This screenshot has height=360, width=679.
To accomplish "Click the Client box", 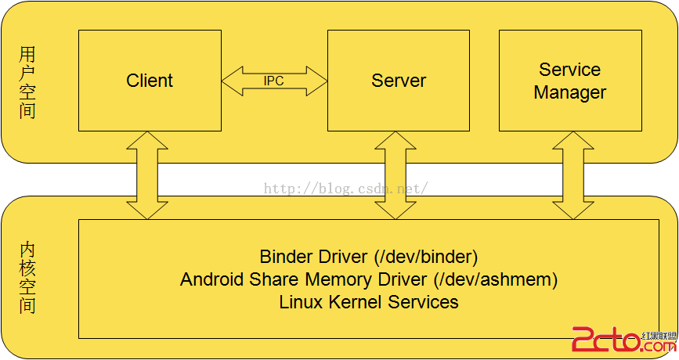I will click(150, 81).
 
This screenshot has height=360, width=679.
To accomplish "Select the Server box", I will click(399, 81).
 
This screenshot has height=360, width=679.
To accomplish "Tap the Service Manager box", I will click(569, 81).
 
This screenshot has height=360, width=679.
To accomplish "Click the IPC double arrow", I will click(274, 81).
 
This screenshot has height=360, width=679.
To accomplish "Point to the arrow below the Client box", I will click(147, 175).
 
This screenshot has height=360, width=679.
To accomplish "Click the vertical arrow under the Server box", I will click(396, 175).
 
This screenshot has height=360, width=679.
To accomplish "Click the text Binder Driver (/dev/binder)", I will click(368, 257).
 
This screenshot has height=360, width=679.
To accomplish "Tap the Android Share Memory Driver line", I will click(368, 279).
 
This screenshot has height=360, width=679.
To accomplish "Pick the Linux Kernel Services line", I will click(368, 302).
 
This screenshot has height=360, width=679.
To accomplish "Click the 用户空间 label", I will click(28, 82).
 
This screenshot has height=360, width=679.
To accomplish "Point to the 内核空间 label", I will click(28, 278).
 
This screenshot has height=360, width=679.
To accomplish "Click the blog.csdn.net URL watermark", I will click(345, 189).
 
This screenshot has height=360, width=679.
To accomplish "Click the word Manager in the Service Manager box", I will click(569, 92).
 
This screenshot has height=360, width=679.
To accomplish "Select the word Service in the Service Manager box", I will click(569, 70).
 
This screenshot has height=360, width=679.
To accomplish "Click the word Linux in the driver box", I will click(300, 302).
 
